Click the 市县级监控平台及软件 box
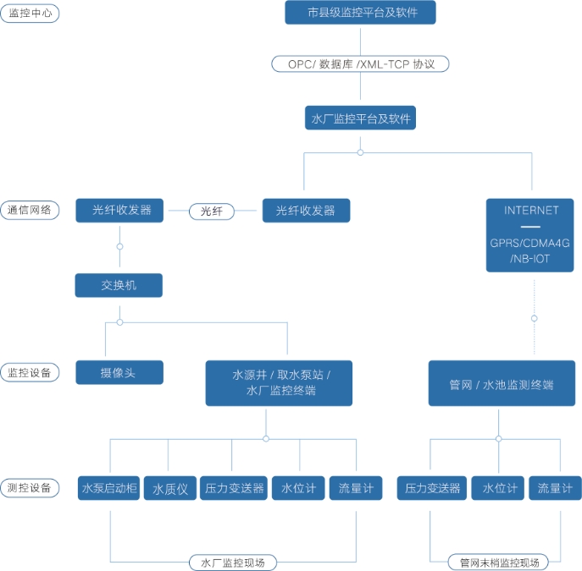(x=360, y=14)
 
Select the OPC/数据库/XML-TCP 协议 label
(x=360, y=63)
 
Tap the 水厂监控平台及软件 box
(x=360, y=118)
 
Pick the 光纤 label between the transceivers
(x=212, y=211)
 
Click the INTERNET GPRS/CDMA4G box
(x=531, y=234)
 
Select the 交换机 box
(x=119, y=285)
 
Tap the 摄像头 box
(x=119, y=372)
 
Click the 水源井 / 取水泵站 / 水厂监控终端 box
(x=279, y=382)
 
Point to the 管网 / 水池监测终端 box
(x=502, y=383)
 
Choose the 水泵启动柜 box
(x=109, y=488)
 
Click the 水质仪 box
(x=169, y=488)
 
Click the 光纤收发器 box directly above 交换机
(x=119, y=211)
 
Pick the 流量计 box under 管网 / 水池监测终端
(x=555, y=488)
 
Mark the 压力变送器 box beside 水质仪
(x=235, y=488)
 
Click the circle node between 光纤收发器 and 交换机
(x=119, y=246)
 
